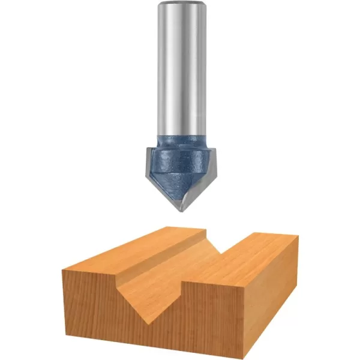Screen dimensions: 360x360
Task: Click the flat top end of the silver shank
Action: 180,4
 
